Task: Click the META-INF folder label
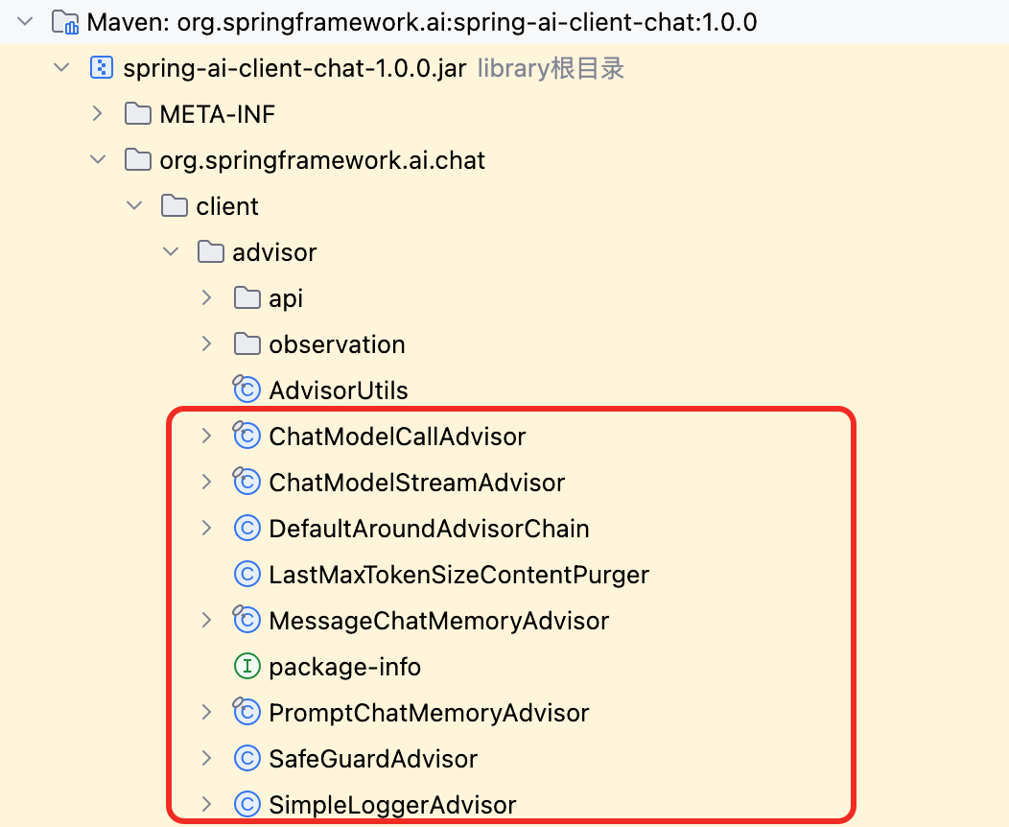pyautogui.click(x=217, y=114)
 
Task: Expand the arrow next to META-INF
pyautogui.click(x=97, y=114)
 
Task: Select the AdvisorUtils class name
pyautogui.click(x=339, y=390)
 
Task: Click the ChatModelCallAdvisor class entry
pyautogui.click(x=397, y=437)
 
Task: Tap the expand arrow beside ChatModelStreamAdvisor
pyautogui.click(x=206, y=482)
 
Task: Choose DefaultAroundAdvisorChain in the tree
pyautogui.click(x=430, y=529)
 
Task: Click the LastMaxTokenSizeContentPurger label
pyautogui.click(x=458, y=575)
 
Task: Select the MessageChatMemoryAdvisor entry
pyautogui.click(x=439, y=621)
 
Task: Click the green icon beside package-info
pyautogui.click(x=247, y=667)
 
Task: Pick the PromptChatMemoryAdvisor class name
pyautogui.click(x=429, y=713)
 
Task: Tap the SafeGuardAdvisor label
pyautogui.click(x=373, y=760)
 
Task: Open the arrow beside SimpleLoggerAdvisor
pyautogui.click(x=206, y=805)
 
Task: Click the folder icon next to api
pyautogui.click(x=247, y=298)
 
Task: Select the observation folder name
pyautogui.click(x=338, y=345)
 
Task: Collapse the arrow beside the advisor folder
pyautogui.click(x=171, y=251)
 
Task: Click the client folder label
pyautogui.click(x=227, y=206)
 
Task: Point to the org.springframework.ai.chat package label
pyautogui.click(x=322, y=160)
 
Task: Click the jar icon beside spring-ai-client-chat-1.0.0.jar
pyautogui.click(x=102, y=67)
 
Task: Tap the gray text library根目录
pyautogui.click(x=551, y=68)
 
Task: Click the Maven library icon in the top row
pyautogui.click(x=65, y=22)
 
